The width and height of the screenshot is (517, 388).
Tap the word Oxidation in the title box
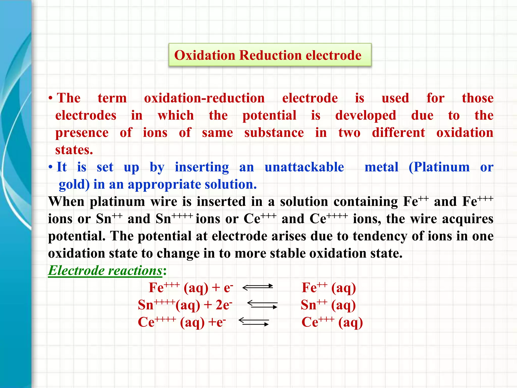tap(204, 55)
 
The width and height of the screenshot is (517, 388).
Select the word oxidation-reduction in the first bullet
tap(204, 98)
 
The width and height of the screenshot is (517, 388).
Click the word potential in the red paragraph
tap(269, 116)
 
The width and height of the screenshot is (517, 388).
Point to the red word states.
tap(74, 150)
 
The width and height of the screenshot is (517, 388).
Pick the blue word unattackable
tap(304, 167)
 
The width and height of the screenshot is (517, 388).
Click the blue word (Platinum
tap(439, 167)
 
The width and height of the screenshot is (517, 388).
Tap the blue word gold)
tap(74, 185)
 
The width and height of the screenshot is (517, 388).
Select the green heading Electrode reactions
tap(105, 271)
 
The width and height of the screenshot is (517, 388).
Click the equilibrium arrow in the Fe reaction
tap(257, 287)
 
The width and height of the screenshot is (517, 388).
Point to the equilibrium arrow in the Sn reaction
tap(262, 305)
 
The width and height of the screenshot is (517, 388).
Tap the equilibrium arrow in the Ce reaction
tap(254, 322)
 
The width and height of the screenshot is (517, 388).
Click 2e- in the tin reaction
tap(224, 305)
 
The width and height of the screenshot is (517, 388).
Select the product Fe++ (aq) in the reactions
tap(329, 288)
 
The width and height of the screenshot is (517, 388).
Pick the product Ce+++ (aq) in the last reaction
tap(332, 322)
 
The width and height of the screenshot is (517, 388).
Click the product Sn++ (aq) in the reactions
tap(328, 305)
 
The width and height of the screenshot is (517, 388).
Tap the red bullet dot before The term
tap(51, 98)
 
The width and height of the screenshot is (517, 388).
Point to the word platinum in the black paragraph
tap(117, 202)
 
